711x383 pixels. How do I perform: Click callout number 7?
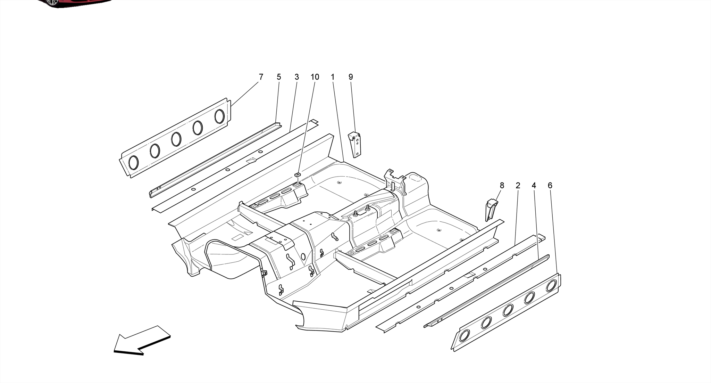point(261,77)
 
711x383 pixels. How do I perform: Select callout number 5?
point(279,77)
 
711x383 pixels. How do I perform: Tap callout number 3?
point(296,77)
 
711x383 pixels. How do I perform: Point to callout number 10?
point(315,77)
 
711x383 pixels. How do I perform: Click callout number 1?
point(333,77)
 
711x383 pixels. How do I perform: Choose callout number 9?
point(351,77)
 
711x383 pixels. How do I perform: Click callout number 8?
point(502,186)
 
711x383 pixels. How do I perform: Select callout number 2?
point(518,186)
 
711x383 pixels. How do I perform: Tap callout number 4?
point(534,186)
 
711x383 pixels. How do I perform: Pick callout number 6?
point(550,186)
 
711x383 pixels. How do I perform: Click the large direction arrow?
point(142,341)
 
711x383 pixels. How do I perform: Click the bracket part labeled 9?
point(355,144)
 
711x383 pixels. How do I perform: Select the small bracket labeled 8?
point(491,210)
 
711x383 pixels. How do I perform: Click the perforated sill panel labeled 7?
point(175,139)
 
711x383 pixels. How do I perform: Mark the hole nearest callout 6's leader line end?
point(551,286)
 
